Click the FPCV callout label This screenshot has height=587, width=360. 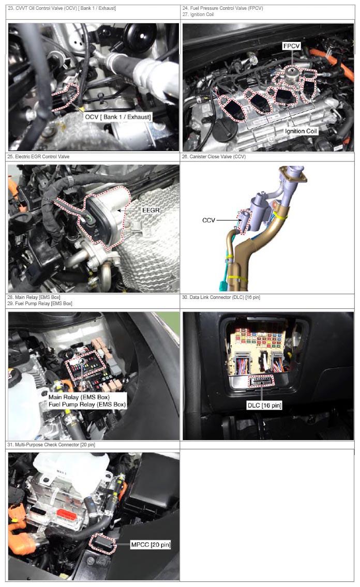292,46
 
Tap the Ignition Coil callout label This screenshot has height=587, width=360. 301,131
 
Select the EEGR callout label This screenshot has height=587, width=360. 151,210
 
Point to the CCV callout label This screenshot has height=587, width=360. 208,220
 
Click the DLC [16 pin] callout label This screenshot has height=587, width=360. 264,405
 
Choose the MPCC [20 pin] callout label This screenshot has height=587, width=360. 151,545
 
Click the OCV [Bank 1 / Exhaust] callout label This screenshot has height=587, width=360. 118,117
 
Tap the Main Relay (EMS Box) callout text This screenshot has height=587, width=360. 79,397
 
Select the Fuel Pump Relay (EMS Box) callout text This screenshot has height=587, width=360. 87,404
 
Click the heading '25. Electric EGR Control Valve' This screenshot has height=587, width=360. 38,157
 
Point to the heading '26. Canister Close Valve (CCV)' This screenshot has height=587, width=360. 214,157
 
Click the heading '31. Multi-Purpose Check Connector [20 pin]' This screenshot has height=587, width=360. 51,445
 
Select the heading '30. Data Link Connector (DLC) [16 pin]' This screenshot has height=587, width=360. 221,297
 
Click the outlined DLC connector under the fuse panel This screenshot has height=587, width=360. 261,382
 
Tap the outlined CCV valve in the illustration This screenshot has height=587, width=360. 243,222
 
